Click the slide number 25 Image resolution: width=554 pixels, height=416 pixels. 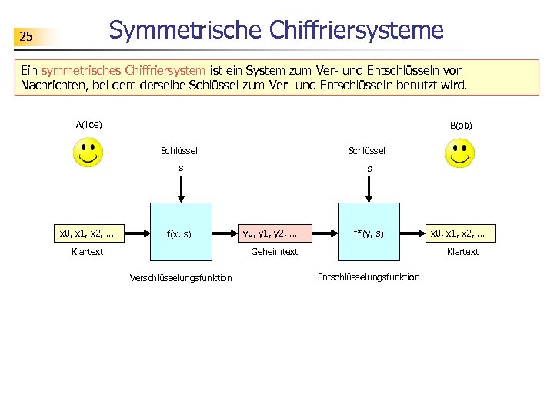point(26,36)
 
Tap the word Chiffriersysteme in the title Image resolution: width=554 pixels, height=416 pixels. point(357,30)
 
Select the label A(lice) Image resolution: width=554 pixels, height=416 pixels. point(89,124)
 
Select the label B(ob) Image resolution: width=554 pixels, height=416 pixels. point(461,125)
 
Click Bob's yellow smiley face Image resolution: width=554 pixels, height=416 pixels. point(459,153)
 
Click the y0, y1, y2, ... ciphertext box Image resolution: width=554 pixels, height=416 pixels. point(270,233)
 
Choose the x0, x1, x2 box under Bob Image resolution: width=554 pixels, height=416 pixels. point(462,233)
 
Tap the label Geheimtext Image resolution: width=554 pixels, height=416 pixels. point(275,252)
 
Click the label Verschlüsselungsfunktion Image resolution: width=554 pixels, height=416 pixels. point(181,278)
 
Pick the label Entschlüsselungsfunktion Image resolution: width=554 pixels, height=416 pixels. point(369,277)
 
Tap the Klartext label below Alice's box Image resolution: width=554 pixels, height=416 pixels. point(88,252)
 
